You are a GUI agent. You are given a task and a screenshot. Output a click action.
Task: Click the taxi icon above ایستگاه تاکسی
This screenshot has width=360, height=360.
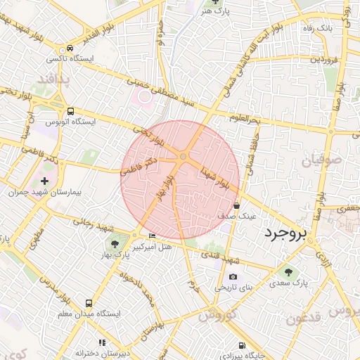[70, 48]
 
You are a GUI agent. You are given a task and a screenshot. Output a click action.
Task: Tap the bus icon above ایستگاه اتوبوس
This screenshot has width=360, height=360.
[70, 111]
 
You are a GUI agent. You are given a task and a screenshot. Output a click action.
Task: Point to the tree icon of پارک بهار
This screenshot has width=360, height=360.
[114, 244]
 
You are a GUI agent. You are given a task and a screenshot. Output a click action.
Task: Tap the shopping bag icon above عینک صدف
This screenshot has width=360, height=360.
[236, 205]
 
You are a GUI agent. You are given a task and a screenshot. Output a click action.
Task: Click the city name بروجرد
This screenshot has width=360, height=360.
[284, 234]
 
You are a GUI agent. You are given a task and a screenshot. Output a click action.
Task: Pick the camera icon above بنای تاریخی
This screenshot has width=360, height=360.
[233, 277]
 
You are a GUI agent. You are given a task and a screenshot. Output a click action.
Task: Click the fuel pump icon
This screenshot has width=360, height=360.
[242, 345]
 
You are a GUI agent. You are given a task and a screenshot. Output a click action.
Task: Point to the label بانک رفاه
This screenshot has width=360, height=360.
[336, 30]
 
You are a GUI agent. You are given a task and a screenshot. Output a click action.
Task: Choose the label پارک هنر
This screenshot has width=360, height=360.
[211, 12]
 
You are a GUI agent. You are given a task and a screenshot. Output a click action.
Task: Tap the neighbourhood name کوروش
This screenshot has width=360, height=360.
[216, 315]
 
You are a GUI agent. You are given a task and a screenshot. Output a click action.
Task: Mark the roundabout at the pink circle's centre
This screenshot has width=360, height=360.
[183, 156]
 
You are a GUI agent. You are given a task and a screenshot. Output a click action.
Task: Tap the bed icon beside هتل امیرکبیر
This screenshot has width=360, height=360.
[152, 235]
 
